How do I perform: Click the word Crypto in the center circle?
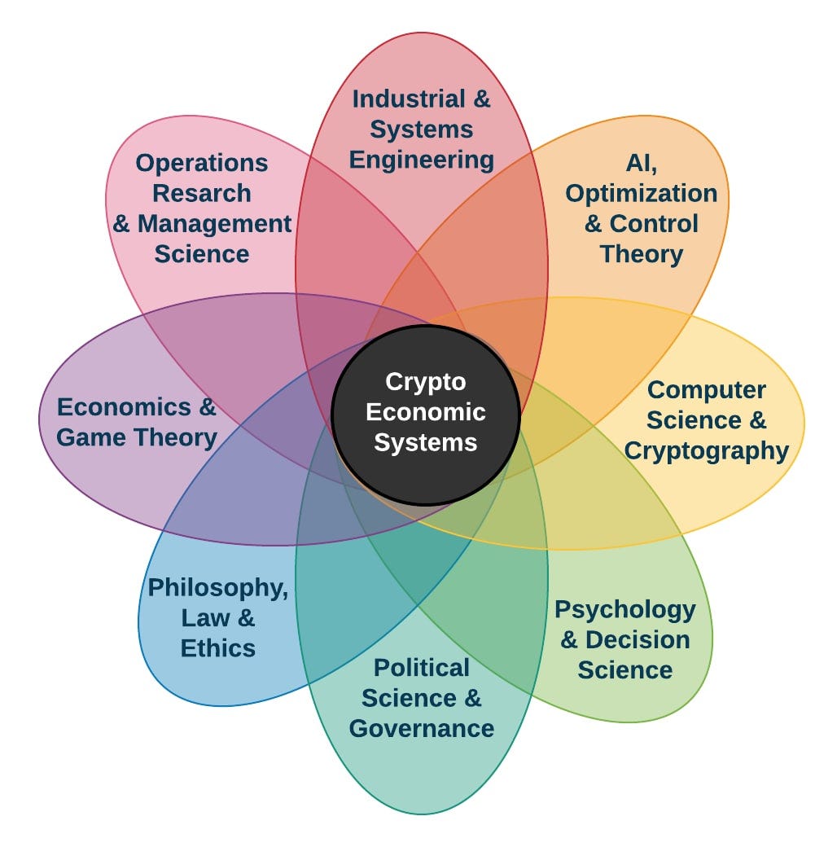[x=425, y=381]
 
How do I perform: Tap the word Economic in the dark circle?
[x=425, y=411]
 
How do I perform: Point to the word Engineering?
[x=421, y=160]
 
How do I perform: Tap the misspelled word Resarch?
[x=201, y=193]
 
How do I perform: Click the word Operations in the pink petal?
[x=201, y=163]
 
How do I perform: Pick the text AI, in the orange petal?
[x=641, y=163]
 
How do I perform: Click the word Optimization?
[x=641, y=193]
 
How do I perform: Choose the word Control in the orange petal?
[x=654, y=223]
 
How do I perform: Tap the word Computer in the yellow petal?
[x=706, y=389]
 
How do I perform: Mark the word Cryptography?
[x=706, y=450]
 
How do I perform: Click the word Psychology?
[x=624, y=609]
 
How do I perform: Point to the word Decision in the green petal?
[x=638, y=639]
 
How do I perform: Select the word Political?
[x=421, y=668]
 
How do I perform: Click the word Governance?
[x=421, y=728]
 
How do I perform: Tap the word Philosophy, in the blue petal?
[x=217, y=587]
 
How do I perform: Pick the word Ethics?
[x=217, y=647]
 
